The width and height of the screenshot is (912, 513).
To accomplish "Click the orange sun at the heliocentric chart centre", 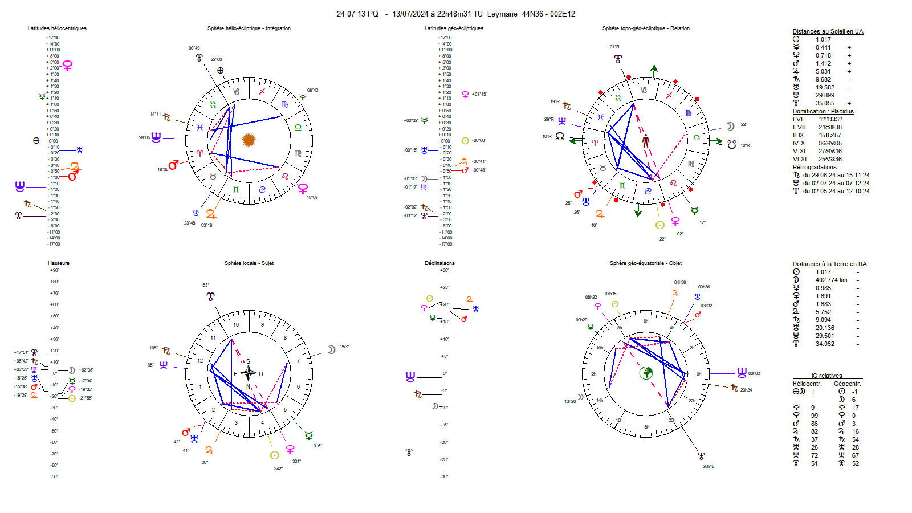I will pos(249,140).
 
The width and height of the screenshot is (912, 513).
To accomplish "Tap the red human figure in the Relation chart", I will pos(646,140).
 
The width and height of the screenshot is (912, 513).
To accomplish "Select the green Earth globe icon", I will pos(646,373).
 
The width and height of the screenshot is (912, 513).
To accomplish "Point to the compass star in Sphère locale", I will pos(248,373).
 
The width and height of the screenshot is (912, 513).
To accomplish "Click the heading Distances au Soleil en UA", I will pos(828,31).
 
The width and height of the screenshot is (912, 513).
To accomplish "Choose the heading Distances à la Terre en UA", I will pos(829,264).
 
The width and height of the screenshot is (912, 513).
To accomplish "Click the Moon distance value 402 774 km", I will pos(831,280).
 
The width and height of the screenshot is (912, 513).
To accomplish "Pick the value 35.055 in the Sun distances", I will pos(825,103).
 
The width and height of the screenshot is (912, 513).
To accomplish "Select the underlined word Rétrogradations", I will pos(815,167).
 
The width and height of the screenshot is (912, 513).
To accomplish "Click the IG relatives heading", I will pos(826,376).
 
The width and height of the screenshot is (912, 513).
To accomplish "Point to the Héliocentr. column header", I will pos(807,384).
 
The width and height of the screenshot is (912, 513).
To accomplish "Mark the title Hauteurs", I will pos(59,263).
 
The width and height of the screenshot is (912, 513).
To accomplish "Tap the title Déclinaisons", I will pos(439,263).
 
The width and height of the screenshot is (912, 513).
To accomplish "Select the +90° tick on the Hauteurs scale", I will pos(54,270).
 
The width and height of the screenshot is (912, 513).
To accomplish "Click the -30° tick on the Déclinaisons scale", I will pos(445,477).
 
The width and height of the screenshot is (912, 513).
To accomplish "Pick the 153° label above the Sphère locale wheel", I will pos(205,285).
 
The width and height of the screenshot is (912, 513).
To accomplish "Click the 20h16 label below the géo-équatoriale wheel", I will pos(708,466).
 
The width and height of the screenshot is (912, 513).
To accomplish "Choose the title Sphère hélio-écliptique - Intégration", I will pos(249,28).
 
